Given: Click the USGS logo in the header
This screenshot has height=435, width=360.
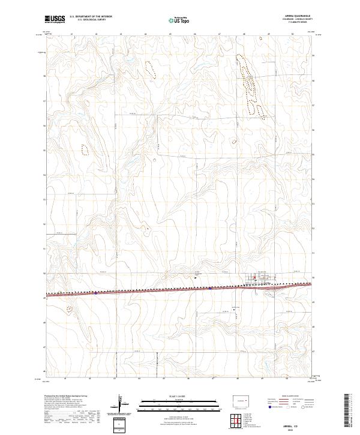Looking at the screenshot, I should (x=55, y=19).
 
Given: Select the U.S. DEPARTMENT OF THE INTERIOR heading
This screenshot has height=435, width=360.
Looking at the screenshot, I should (x=91, y=16).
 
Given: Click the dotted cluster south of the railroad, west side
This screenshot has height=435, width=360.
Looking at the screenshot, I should (x=69, y=310).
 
